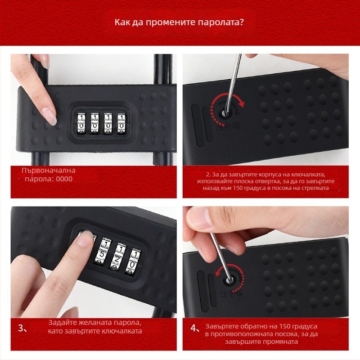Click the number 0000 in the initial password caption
point(64,179)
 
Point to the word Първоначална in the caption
point(49,171)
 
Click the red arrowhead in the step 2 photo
point(241,104)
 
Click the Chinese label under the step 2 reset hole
point(228,126)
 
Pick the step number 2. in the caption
point(208,175)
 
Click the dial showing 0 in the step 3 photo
point(133,262)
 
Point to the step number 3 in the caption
point(21,328)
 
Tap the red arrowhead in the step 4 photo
point(218,273)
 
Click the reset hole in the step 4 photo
point(229,280)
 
